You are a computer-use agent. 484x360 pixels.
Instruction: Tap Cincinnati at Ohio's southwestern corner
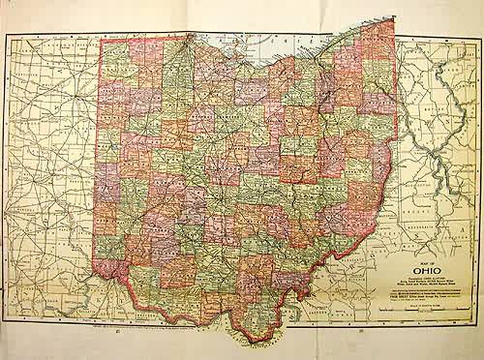[x=116, y=273]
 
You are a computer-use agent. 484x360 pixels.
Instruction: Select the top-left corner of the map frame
[x=5, y=33]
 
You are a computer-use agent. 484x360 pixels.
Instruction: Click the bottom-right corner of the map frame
[x=478, y=323]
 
